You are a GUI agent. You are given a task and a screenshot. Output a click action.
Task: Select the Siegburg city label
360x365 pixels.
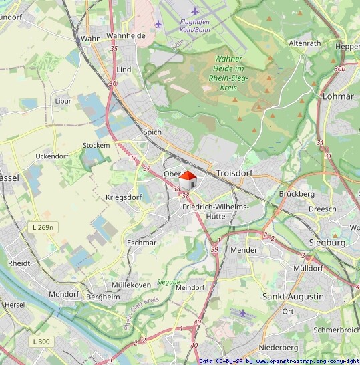pos(327,243)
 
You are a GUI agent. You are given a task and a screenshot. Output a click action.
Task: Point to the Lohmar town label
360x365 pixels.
pos(337,96)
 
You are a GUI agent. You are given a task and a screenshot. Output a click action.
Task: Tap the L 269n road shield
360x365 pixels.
pos(43,228)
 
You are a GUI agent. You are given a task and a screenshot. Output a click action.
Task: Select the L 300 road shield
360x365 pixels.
pos(41,342)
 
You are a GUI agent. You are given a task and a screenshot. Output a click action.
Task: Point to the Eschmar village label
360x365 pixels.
pos(141,243)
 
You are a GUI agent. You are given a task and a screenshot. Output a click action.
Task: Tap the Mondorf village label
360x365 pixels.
pos(63,294)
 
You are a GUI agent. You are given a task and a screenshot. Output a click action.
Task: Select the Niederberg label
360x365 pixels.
pos(279,348)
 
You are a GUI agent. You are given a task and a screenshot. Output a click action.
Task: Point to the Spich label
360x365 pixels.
pos(152,132)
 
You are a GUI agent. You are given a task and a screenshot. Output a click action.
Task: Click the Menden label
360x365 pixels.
pos(244,250)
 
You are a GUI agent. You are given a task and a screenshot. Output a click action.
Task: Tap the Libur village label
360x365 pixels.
pos(63,101)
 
